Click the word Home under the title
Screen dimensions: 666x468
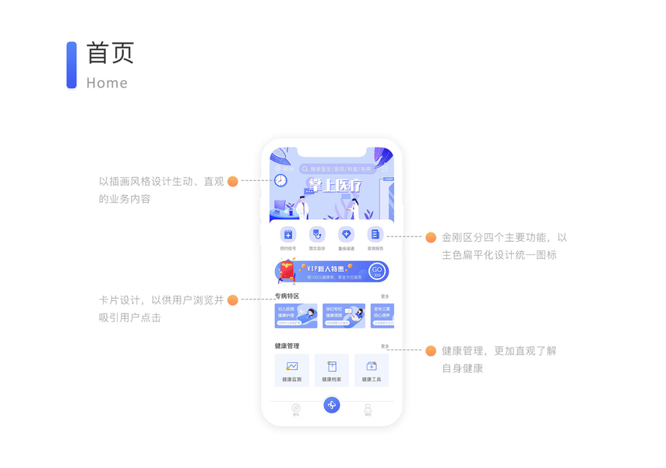point(107,83)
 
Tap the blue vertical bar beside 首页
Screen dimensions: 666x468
point(72,65)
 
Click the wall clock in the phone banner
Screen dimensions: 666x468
point(280,181)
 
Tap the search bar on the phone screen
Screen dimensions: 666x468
point(338,168)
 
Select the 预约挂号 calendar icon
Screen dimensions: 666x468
point(288,234)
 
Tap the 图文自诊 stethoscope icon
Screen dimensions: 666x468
point(317,234)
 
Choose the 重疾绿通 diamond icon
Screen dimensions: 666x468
point(347,234)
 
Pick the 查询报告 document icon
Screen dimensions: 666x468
point(375,234)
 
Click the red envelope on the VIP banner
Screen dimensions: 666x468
point(287,271)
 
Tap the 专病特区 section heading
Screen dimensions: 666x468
point(287,296)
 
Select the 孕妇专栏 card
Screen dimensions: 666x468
point(344,315)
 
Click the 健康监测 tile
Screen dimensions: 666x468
point(292,370)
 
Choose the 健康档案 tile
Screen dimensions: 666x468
point(332,370)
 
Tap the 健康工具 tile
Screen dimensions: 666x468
point(372,370)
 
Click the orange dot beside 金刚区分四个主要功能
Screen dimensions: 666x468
point(431,237)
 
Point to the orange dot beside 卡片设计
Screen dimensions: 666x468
point(232,300)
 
